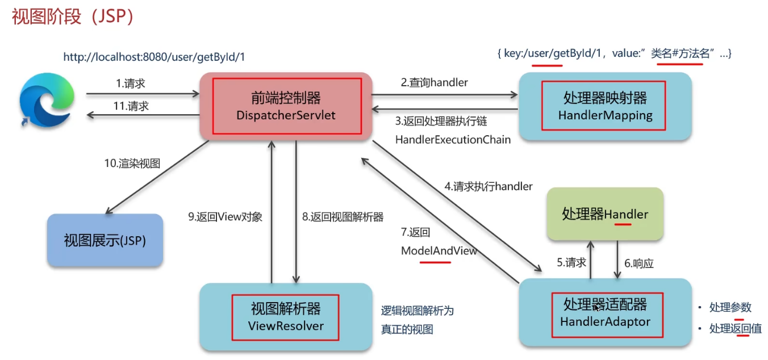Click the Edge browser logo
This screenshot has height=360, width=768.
[47, 101]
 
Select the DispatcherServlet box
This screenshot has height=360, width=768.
[286, 106]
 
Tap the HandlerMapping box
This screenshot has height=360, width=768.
[605, 107]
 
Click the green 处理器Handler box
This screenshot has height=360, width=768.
[605, 214]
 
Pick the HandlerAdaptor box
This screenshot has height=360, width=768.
[605, 313]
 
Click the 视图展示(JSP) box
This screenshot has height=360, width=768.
[105, 240]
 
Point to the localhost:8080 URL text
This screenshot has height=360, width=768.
[154, 57]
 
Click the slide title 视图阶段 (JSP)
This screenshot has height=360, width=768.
[73, 17]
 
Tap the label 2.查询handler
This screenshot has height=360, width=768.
[434, 82]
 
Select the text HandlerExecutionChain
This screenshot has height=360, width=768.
[453, 139]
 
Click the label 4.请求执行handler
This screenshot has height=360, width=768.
[489, 186]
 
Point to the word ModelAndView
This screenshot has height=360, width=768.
[439, 250]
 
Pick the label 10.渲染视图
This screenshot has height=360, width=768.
[132, 164]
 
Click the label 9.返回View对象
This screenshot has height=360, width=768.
[226, 216]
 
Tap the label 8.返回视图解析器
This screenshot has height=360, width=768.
[343, 216]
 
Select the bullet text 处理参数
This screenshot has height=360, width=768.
[730, 307]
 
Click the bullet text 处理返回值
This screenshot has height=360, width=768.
[735, 328]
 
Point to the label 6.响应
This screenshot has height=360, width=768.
[639, 263]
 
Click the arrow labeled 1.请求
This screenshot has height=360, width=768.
[142, 94]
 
